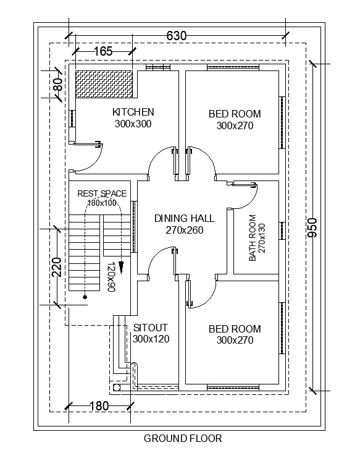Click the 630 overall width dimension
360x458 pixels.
point(176,36)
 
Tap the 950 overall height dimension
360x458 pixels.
point(312,227)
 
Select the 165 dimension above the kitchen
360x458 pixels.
point(103,51)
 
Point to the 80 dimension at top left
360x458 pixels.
point(58,85)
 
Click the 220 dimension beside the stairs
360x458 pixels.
point(57,267)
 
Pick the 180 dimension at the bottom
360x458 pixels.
point(99,405)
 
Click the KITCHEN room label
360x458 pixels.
point(133,112)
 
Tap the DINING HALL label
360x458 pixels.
point(184,218)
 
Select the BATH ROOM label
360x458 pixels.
point(253,238)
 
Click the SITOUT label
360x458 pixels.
point(150,328)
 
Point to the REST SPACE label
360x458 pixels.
point(102,193)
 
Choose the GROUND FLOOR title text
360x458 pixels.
point(183,438)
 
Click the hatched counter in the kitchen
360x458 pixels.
point(104,84)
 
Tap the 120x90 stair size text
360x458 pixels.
point(111,277)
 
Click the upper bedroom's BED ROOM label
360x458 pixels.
point(235,114)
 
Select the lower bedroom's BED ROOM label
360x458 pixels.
point(235,329)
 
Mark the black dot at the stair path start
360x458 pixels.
point(85,297)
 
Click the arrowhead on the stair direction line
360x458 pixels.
point(121,267)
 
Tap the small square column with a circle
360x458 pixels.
point(117,388)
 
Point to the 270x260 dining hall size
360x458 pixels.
point(185,230)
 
